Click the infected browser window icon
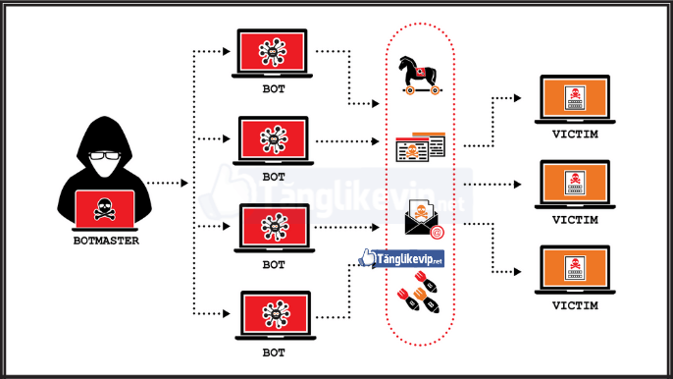420,149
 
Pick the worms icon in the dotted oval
419,295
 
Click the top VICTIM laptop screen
574,98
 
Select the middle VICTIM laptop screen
574,183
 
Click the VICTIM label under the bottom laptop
574,305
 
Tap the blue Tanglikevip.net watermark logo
402,258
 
